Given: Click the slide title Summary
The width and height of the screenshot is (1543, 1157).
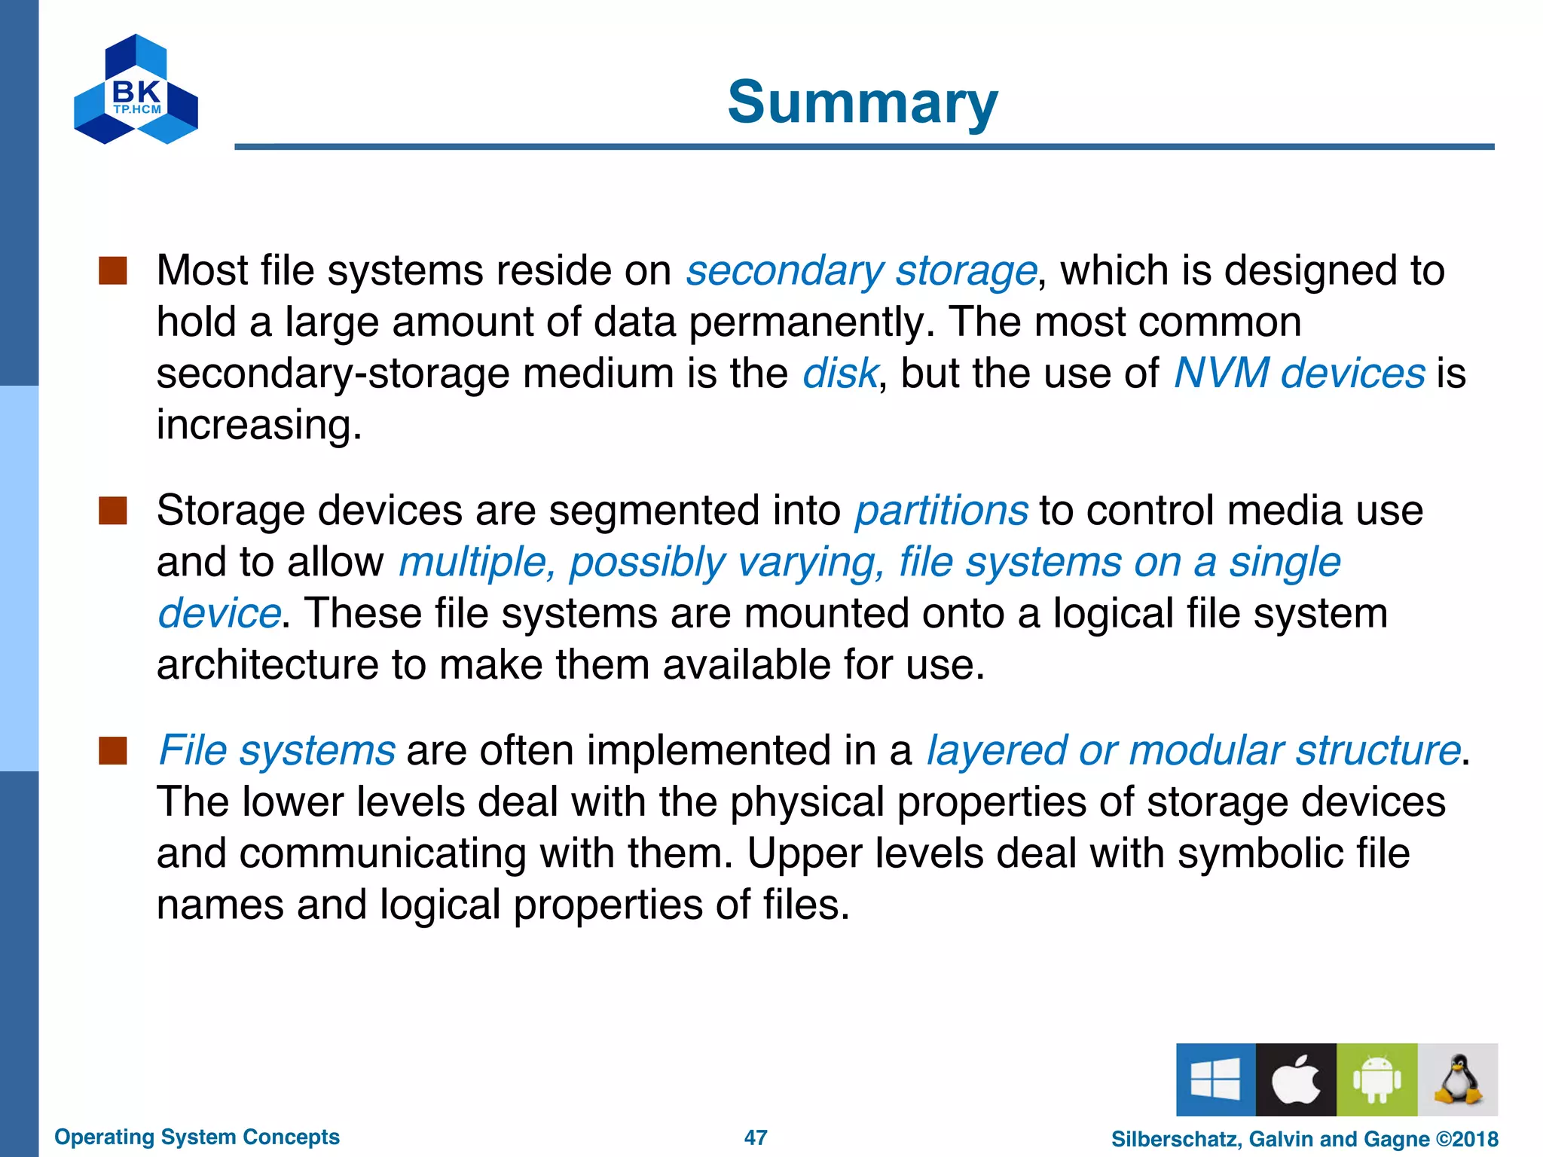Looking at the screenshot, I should tap(862, 103).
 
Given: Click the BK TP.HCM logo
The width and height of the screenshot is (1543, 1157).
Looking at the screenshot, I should tap(136, 90).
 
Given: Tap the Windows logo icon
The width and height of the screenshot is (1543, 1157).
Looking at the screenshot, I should tap(1215, 1079).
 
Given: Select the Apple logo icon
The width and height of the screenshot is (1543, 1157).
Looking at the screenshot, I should tap(1296, 1079).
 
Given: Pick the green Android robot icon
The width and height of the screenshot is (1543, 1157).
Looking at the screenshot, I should tap(1376, 1079).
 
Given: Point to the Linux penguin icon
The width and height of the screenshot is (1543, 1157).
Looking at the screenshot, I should tap(1457, 1079).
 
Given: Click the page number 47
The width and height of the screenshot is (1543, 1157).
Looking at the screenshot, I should tap(755, 1137).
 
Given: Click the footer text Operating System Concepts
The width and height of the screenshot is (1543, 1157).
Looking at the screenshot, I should tap(197, 1137).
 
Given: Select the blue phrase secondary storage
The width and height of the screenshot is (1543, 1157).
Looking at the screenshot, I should tap(860, 271).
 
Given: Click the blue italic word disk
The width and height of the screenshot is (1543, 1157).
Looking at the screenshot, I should tap(839, 374).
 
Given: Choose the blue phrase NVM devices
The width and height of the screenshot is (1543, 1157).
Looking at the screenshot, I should tap(1299, 374).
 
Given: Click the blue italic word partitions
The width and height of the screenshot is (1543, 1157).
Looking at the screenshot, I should tap(940, 511).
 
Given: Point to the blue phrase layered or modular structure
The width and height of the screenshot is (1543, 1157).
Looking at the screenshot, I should tap(1193, 751).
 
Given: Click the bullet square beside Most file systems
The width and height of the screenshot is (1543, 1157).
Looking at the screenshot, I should tap(113, 271).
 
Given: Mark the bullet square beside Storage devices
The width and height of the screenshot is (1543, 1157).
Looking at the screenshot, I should tap(113, 511).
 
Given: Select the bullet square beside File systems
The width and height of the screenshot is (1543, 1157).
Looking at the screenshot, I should tap(113, 751).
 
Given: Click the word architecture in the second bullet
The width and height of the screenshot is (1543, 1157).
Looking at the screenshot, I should tap(267, 665).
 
